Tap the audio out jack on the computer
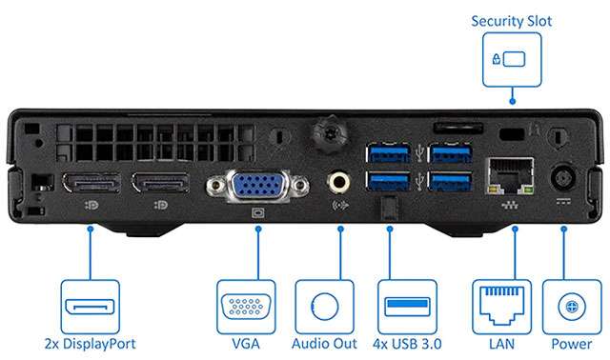[x=338, y=182]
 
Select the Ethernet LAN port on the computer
[x=510, y=176]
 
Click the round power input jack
[x=563, y=178]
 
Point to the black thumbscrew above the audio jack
[x=330, y=133]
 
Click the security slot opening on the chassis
[x=512, y=134]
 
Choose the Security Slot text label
[x=511, y=21]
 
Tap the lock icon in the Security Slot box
[x=496, y=59]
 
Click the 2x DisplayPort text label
[x=91, y=344]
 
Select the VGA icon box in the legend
[x=246, y=307]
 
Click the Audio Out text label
[x=324, y=344]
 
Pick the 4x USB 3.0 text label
[x=407, y=344]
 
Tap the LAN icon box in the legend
[x=501, y=307]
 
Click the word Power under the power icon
[x=572, y=344]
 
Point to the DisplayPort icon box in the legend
[x=91, y=307]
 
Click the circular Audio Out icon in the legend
[x=325, y=307]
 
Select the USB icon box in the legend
[x=407, y=307]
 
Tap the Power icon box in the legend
[x=572, y=307]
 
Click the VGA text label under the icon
[x=246, y=344]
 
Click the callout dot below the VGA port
[x=258, y=229]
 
